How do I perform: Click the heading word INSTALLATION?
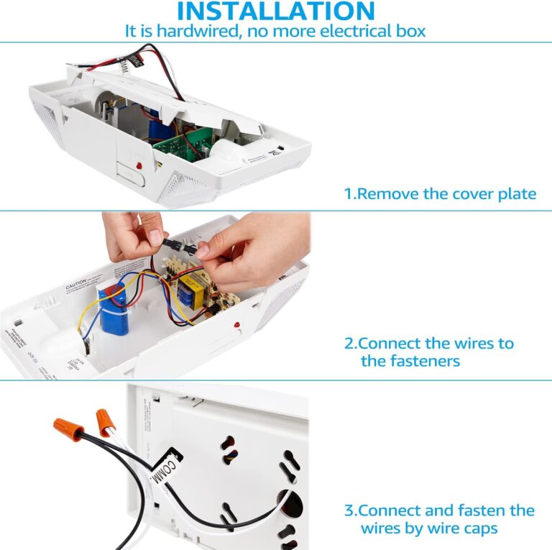[276, 11]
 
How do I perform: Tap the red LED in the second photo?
[236, 329]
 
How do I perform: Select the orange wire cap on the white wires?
[104, 416]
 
